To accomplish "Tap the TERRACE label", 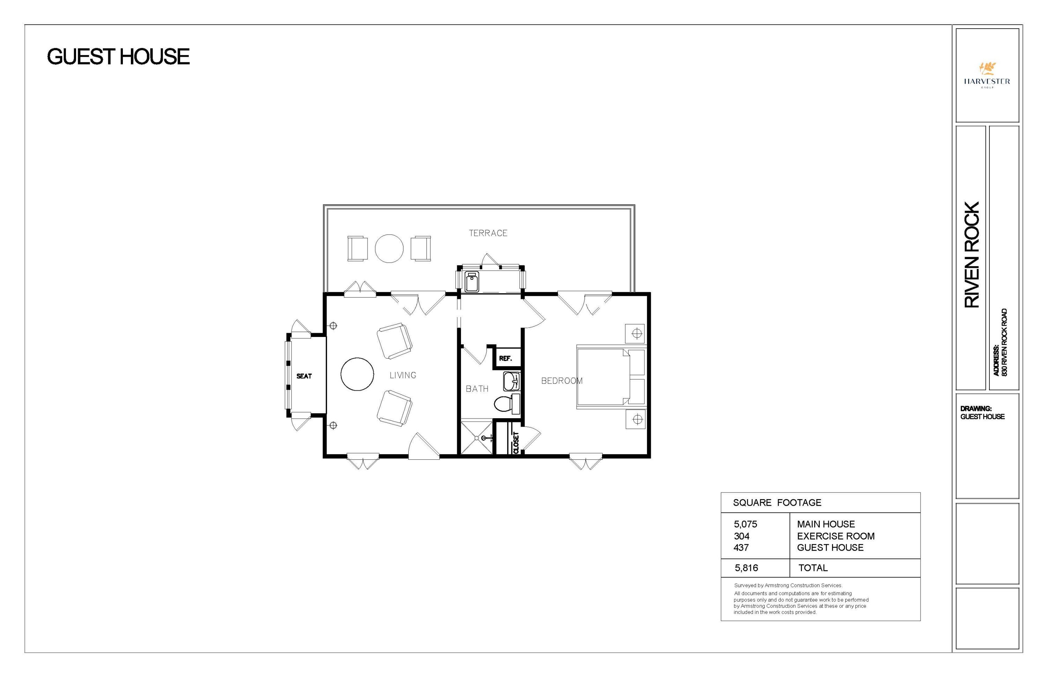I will point(488,233).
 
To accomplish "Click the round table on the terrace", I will point(389,249).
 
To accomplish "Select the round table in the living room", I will point(357,374).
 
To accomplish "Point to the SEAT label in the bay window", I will point(304,376).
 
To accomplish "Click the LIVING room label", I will point(402,375).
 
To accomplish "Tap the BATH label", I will point(477,389).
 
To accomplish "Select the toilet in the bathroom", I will point(506,404).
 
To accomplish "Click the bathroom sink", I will point(512,381).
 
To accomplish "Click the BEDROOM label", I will point(561,381).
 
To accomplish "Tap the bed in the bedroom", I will point(609,377).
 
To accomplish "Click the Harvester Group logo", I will point(987,75).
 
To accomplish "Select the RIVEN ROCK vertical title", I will point(972,255).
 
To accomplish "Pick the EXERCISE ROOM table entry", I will point(836,536).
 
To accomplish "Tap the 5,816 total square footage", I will point(746,568).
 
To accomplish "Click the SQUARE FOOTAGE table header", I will point(777,503).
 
